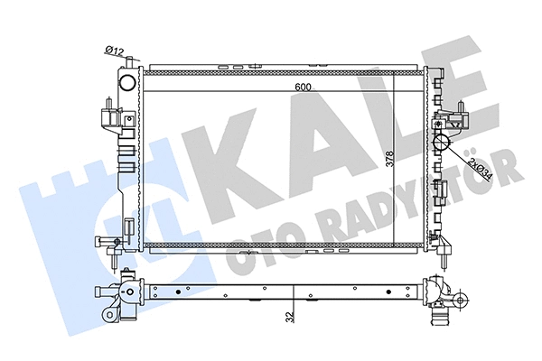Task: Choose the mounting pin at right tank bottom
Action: [x=445, y=252]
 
